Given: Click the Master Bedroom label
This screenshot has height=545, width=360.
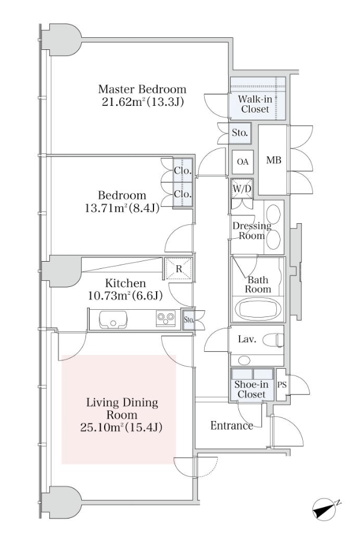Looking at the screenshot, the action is click(x=142, y=89).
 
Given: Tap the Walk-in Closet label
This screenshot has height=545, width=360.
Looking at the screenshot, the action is click(x=255, y=104).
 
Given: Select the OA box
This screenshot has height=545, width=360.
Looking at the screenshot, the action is click(x=243, y=162).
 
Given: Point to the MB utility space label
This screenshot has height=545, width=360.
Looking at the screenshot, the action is click(x=274, y=160).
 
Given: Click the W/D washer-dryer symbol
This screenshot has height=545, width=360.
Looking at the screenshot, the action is click(x=242, y=189).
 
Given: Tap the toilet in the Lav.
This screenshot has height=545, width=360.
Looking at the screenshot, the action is click(x=273, y=340).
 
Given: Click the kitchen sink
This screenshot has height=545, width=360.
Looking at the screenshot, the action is click(x=113, y=319).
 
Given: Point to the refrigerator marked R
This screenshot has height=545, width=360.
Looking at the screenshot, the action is click(x=178, y=268).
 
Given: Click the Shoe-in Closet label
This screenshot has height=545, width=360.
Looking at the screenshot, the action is click(x=252, y=389).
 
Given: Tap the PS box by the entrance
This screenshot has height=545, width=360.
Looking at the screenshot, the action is click(x=282, y=385).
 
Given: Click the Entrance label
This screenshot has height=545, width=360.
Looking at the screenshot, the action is click(x=232, y=426).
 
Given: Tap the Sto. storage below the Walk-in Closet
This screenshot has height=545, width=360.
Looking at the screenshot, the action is click(x=240, y=133).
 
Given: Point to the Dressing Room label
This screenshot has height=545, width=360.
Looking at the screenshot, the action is click(x=252, y=230).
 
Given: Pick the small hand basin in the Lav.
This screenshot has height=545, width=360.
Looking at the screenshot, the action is click(x=244, y=360).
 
